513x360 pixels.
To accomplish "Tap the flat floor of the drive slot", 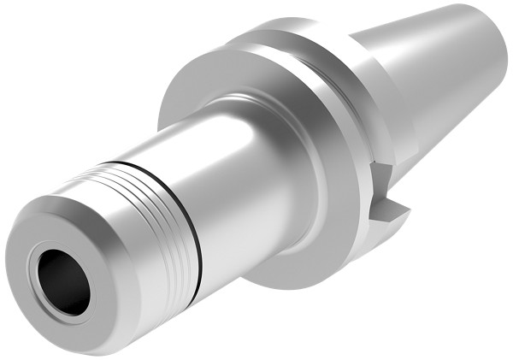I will tap(393, 210).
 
